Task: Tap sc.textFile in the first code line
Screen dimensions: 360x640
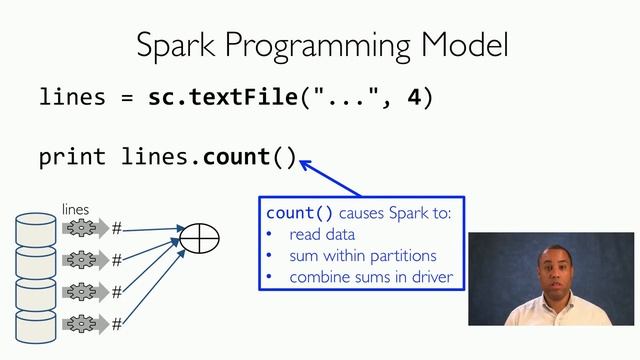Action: click(222, 98)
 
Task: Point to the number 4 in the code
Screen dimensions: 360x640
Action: click(414, 98)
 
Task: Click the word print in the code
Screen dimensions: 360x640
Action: click(73, 157)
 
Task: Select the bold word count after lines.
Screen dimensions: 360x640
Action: click(236, 157)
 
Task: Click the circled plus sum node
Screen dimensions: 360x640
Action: click(198, 237)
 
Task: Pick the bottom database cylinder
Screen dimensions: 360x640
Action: click(36, 326)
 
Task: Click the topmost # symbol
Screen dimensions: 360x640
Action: click(116, 228)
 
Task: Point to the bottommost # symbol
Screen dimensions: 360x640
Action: click(116, 324)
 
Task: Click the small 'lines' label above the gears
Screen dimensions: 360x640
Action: click(76, 209)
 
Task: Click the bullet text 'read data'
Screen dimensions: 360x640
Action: click(322, 235)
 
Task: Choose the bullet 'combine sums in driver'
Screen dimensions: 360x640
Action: click(371, 277)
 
